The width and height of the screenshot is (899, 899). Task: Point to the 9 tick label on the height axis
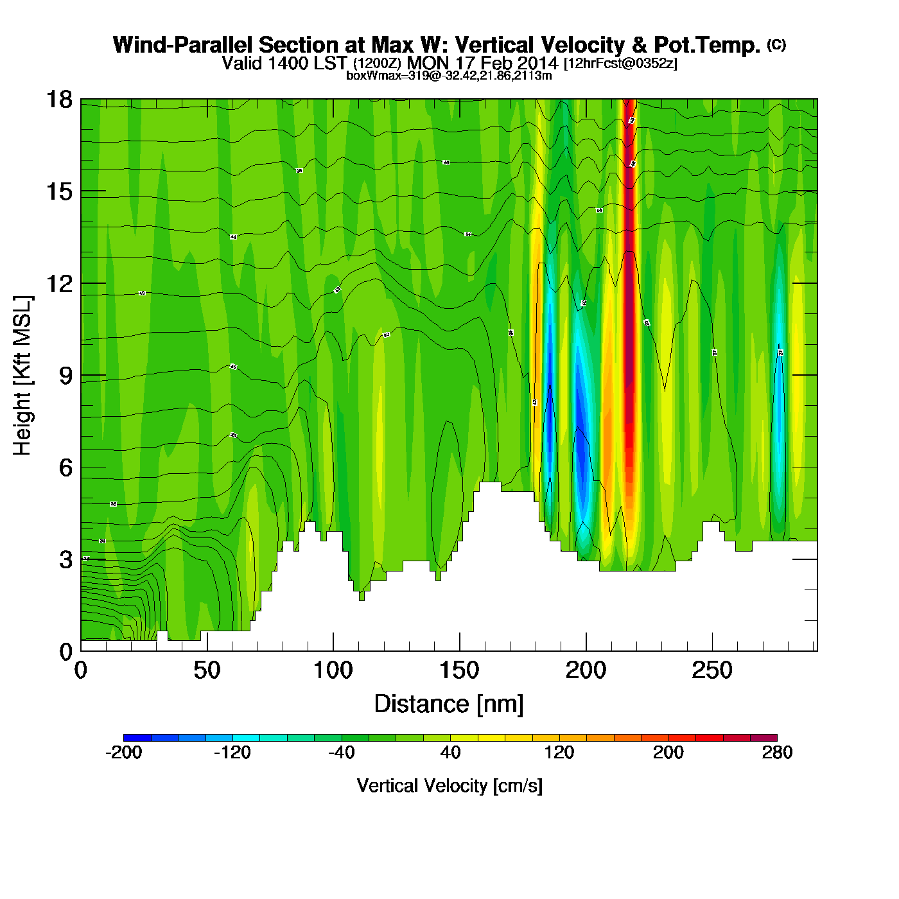(65, 376)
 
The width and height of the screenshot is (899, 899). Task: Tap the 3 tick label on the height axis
(65, 560)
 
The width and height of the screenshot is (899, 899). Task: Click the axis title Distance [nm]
(449, 704)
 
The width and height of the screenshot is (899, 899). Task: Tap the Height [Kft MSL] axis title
(22, 376)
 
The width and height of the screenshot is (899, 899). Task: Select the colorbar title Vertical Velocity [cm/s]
(449, 786)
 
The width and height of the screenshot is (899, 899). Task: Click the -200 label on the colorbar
(123, 753)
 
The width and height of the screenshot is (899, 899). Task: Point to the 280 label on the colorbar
(777, 753)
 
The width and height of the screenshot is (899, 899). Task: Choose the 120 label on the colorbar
(559, 753)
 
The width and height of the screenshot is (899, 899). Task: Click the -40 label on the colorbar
(341, 753)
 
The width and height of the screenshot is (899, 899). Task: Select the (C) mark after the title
(776, 44)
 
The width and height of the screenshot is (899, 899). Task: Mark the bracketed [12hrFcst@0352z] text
(620, 64)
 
